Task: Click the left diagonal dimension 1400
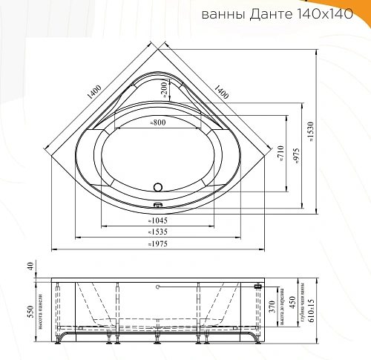pos(93,92)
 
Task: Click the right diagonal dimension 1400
pos(220,92)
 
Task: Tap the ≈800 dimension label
pos(157,123)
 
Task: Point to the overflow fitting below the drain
pos(157,206)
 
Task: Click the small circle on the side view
pos(157,284)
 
